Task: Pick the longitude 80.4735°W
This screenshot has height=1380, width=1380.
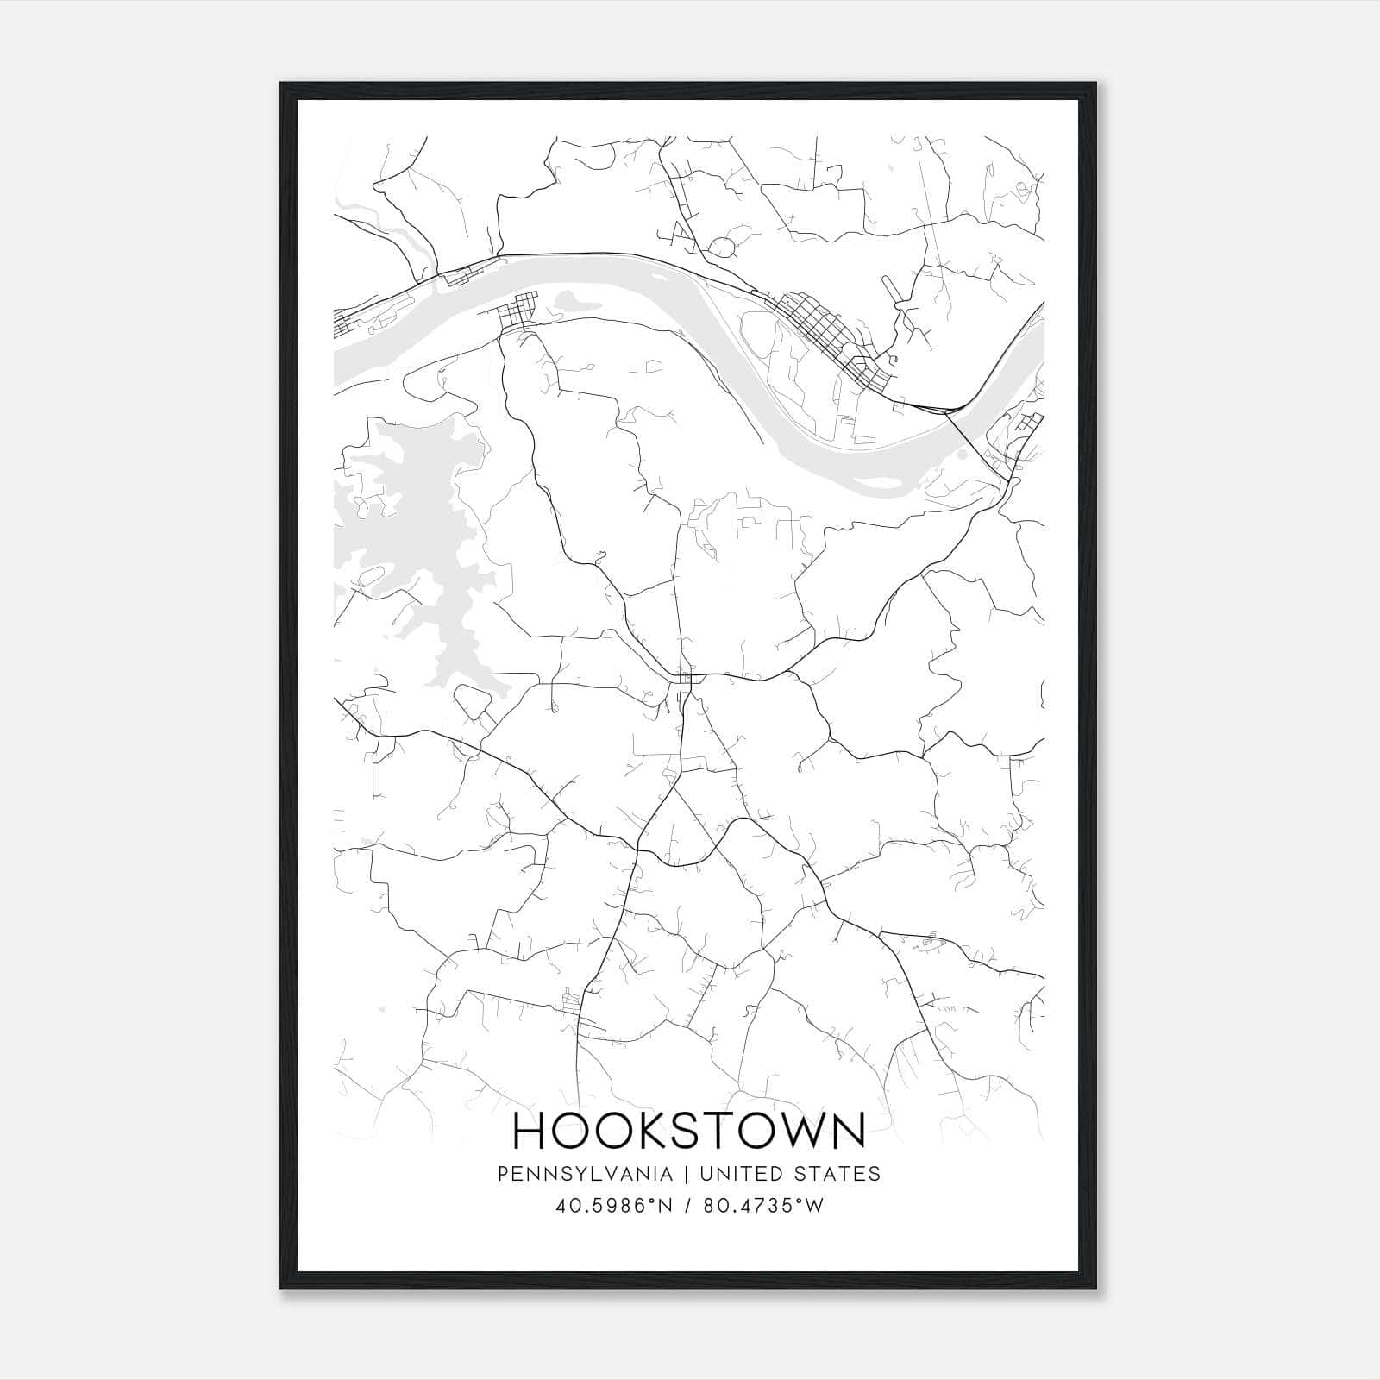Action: tap(763, 1207)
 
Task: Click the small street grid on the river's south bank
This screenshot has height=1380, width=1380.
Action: tap(518, 310)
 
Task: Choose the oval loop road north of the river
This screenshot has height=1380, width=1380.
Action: tap(721, 248)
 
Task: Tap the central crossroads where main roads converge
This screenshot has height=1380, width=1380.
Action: tap(687, 679)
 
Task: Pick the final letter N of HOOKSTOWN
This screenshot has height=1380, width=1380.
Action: tap(848, 1131)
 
